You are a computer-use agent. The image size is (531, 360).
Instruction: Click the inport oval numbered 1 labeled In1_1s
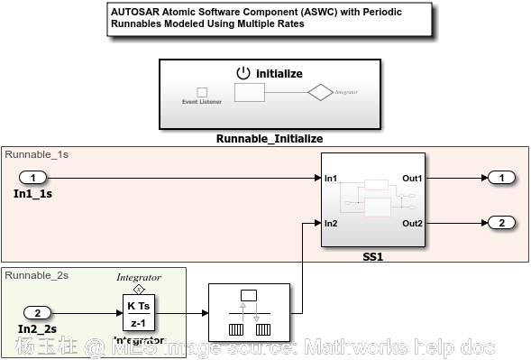[33, 178]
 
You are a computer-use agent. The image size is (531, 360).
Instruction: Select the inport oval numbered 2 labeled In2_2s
[37, 313]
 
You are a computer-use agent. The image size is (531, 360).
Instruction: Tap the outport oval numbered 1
[502, 178]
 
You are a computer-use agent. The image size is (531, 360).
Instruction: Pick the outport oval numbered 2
[502, 223]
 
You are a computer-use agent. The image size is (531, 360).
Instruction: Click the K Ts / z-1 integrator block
[139, 314]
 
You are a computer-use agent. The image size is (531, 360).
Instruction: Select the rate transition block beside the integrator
[249, 312]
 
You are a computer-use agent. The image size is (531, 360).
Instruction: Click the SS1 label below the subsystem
[373, 257]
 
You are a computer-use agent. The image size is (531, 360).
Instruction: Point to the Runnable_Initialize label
[269, 139]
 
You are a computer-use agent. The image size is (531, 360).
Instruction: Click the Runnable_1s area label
[37, 154]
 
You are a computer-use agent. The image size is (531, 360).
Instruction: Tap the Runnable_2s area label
[37, 274]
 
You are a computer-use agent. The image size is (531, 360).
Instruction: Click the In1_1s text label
[32, 193]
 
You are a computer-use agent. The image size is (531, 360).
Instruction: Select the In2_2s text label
[36, 329]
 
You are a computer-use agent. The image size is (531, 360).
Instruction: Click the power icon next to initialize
[243, 73]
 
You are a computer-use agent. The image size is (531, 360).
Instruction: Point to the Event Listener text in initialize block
[201, 102]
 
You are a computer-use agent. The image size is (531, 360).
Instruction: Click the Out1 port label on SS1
[412, 179]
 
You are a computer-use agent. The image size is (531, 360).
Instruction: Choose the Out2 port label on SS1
[412, 223]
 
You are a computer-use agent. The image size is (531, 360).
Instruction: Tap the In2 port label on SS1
[331, 223]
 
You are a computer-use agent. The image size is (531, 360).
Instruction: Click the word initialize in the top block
[279, 73]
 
